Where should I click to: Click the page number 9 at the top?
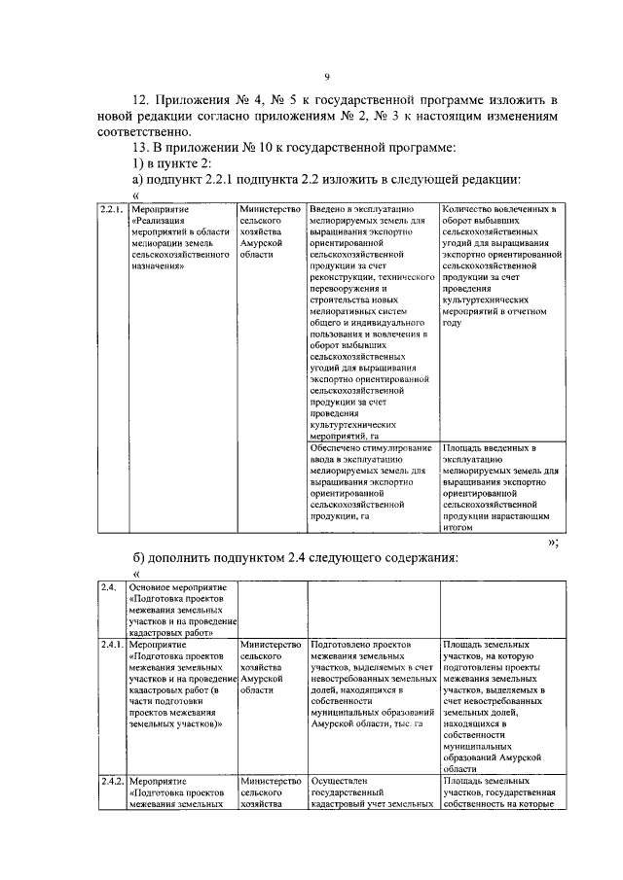(327, 79)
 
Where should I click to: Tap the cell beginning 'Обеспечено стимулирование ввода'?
(371, 481)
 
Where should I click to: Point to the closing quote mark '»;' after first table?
(553, 544)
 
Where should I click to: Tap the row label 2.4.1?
(112, 644)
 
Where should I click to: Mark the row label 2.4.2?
(112, 780)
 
